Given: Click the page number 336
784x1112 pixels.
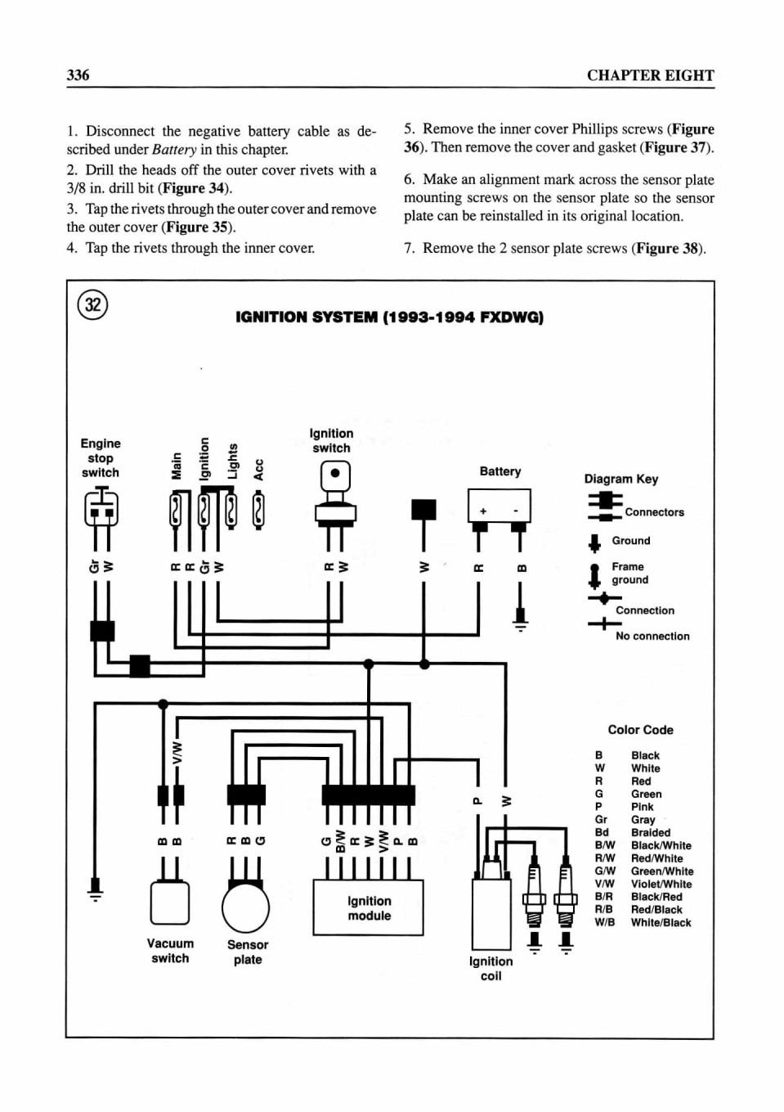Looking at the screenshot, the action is (x=78, y=75).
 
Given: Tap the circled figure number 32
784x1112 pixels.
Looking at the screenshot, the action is (x=92, y=304).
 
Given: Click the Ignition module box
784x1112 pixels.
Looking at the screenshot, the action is (x=369, y=907).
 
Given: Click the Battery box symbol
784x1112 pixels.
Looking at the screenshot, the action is (x=500, y=506).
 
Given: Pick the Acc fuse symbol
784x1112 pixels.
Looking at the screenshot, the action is (x=258, y=510).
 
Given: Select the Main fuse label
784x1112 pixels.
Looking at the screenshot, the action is (x=176, y=466).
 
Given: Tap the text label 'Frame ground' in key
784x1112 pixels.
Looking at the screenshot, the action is (x=629, y=574).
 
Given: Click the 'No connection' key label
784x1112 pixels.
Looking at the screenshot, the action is (x=652, y=636).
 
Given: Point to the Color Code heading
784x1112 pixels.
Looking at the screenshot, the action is (x=641, y=730).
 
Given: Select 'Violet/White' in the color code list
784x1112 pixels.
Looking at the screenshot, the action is (x=661, y=885).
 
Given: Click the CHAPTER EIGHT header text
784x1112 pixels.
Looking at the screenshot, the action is (x=651, y=75).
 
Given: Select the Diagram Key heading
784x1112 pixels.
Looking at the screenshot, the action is (x=620, y=479).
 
